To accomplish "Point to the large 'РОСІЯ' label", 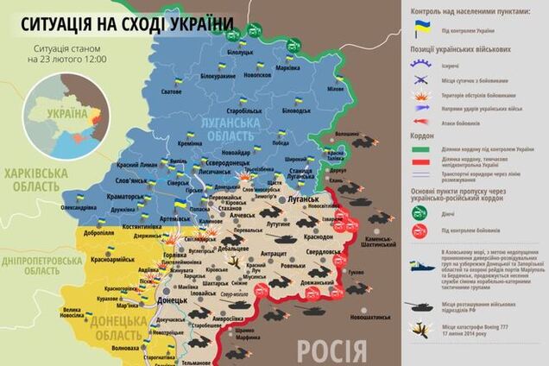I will click(332, 349).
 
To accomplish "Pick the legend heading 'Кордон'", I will click(423, 136).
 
